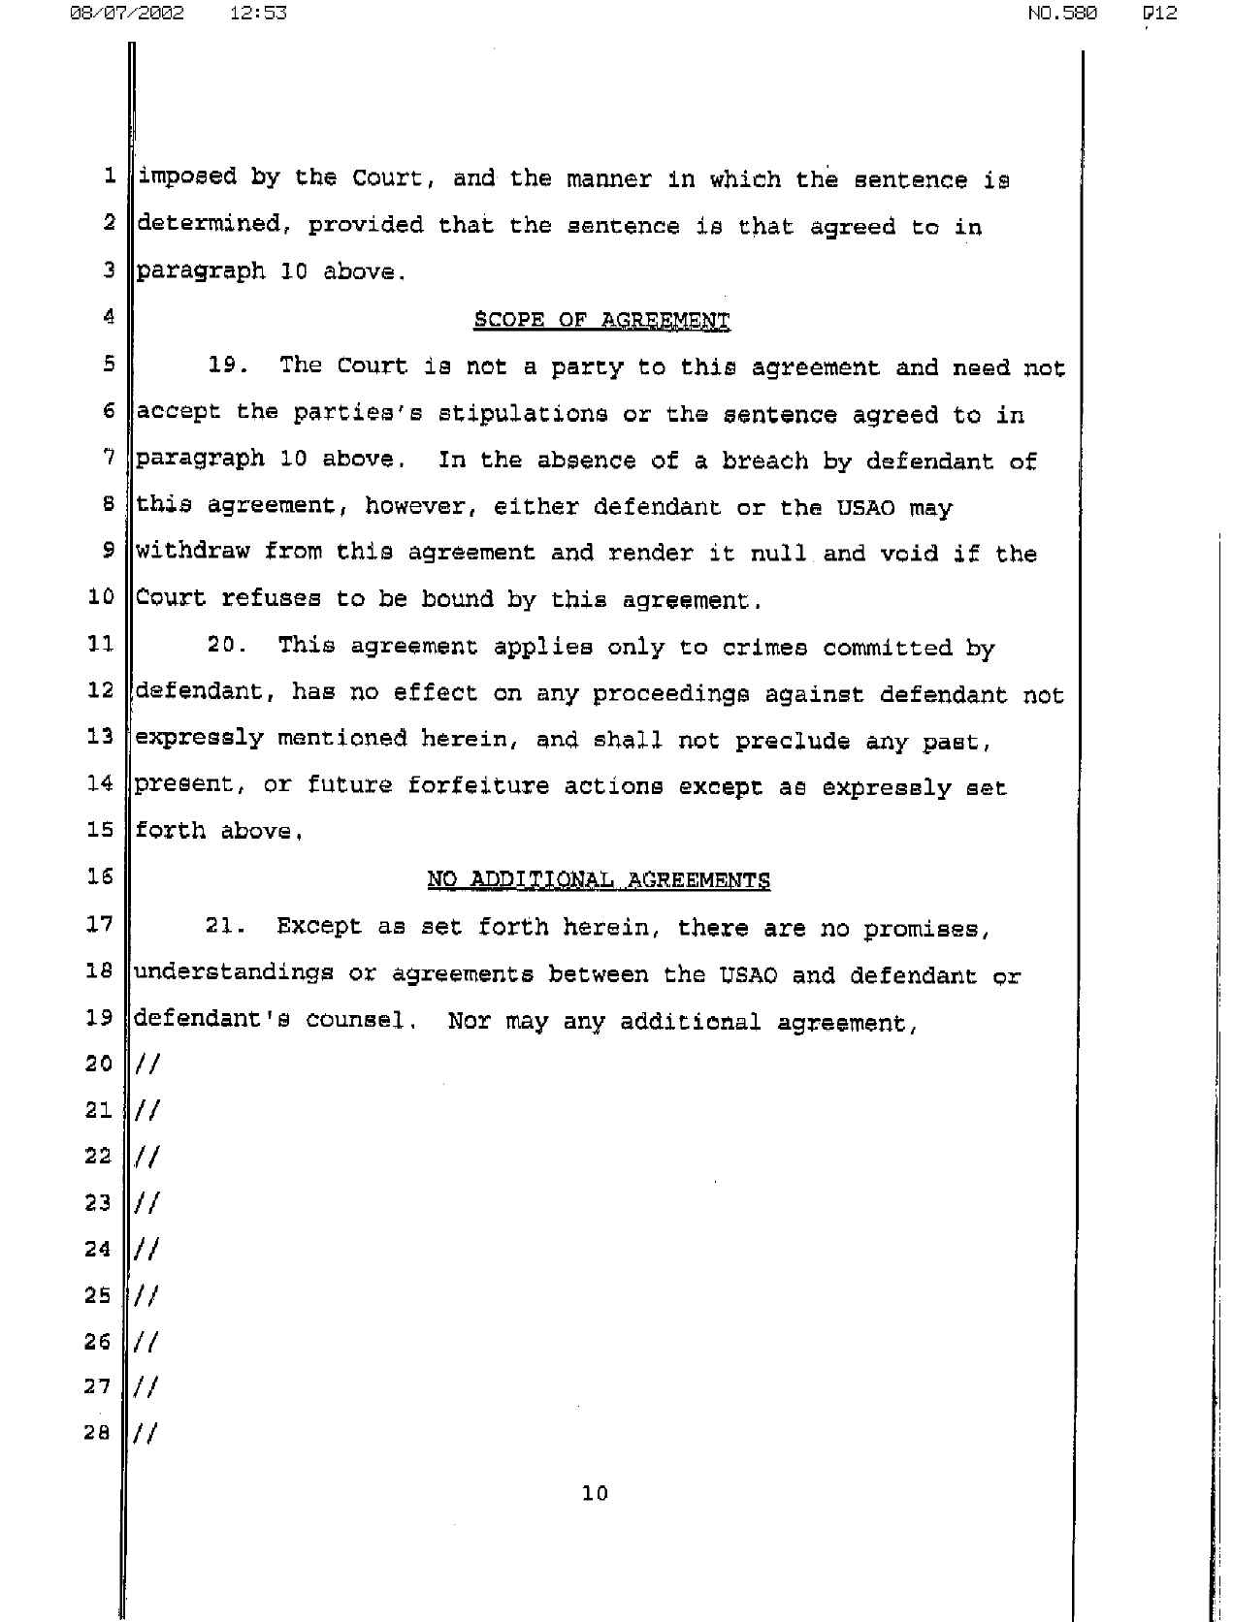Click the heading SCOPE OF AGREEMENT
click(601, 321)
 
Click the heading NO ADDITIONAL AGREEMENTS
click(599, 880)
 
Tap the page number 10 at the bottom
click(595, 1493)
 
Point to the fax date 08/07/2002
click(126, 14)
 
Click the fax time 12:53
click(259, 14)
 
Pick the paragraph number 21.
click(224, 927)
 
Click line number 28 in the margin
click(98, 1432)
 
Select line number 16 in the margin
click(100, 876)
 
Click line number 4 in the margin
click(109, 316)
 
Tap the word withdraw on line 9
click(192, 553)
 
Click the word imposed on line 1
click(186, 178)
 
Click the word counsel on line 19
click(354, 1021)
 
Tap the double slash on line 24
click(147, 1248)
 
